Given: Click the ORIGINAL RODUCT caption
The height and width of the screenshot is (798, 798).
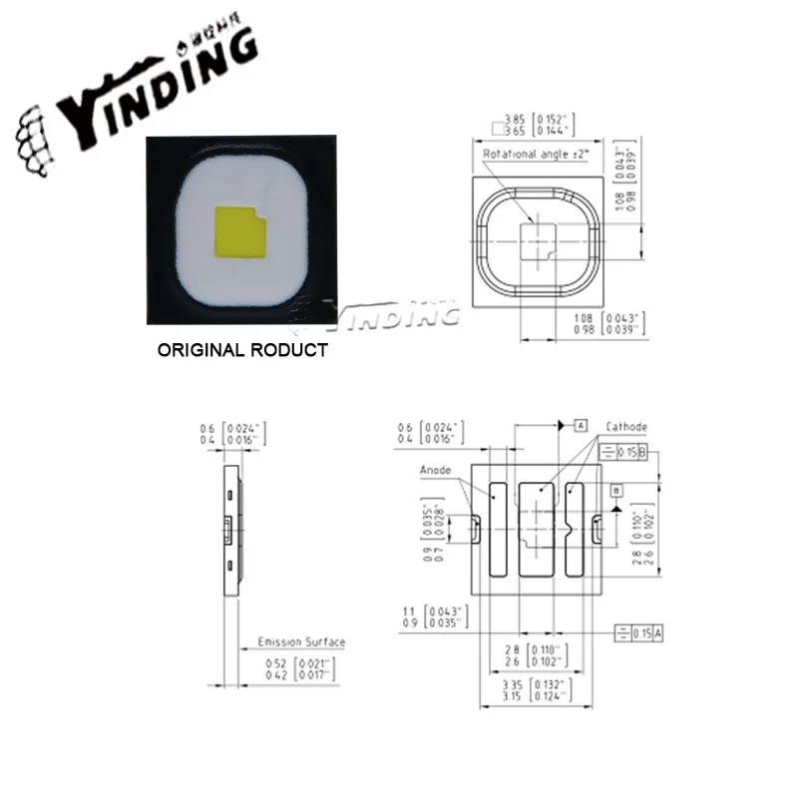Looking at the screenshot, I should coord(243,351).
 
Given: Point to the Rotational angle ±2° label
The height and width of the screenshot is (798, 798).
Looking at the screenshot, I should coord(529,156).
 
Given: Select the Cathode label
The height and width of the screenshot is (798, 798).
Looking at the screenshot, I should coord(626,427).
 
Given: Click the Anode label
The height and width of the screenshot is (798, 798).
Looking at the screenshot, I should coord(435,470).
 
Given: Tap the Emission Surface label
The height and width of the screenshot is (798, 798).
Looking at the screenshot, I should coord(301,642).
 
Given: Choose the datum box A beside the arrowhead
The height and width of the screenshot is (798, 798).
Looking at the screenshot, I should coord(580,427).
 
